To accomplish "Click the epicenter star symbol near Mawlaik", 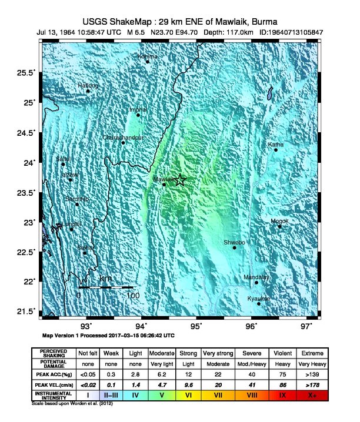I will click(x=180, y=180).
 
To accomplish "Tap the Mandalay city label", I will click(x=256, y=276).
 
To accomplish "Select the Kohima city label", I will click(x=147, y=56).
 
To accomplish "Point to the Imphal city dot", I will click(x=139, y=115).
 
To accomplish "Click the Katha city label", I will click(x=275, y=144).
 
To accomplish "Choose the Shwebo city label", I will click(x=235, y=242).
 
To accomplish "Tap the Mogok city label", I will click(x=279, y=221).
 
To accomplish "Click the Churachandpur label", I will click(x=123, y=138).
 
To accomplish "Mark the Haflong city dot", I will click(x=88, y=91).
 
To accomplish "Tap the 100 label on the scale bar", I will click(x=133, y=295).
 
